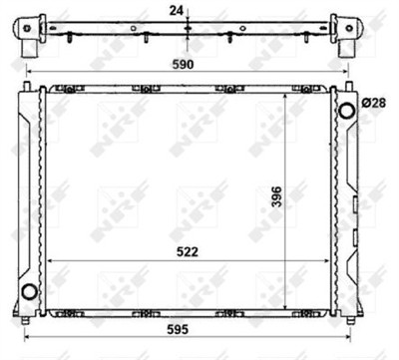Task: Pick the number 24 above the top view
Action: tap(176, 12)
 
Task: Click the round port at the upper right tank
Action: tap(347, 110)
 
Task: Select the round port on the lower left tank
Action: tap(29, 293)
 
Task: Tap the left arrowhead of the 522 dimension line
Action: tap(50, 261)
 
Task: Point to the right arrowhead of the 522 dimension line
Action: tap(333, 261)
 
